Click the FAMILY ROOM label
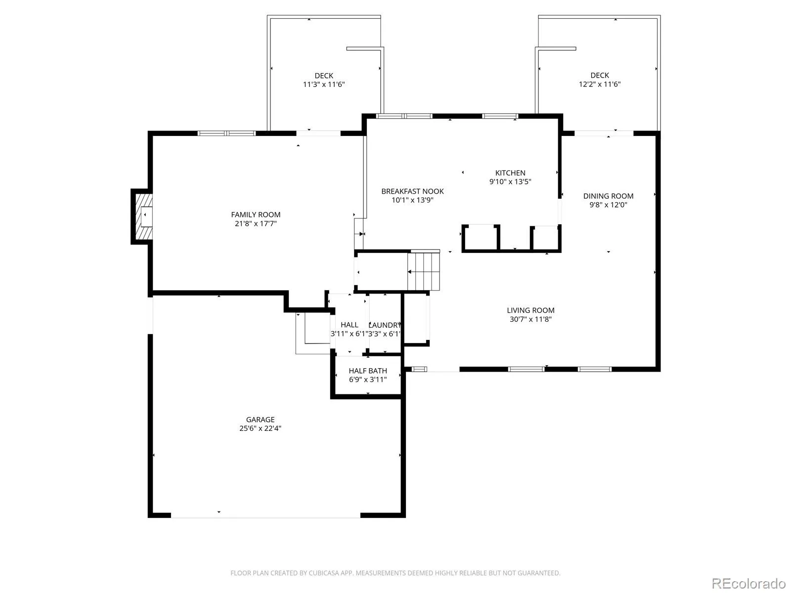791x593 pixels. (x=256, y=214)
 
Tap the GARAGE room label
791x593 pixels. (x=260, y=420)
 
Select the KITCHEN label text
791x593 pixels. (x=510, y=173)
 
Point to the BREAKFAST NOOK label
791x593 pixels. (x=412, y=191)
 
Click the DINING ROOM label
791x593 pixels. (x=608, y=196)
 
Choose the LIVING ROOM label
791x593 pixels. (x=530, y=310)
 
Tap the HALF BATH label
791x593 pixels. (x=368, y=371)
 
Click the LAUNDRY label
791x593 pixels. (x=385, y=325)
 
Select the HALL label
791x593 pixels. (x=349, y=325)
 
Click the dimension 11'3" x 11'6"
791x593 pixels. (x=324, y=84)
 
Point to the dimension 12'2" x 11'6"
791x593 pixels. (x=600, y=84)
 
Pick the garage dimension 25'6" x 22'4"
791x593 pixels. (x=260, y=428)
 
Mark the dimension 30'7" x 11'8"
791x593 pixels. (x=530, y=319)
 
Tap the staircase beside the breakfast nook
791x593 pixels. (x=423, y=271)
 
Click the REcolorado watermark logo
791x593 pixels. (x=749, y=583)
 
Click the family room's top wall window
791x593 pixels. (x=226, y=133)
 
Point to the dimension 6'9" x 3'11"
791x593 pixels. (x=368, y=379)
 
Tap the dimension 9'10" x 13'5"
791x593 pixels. (x=510, y=181)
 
